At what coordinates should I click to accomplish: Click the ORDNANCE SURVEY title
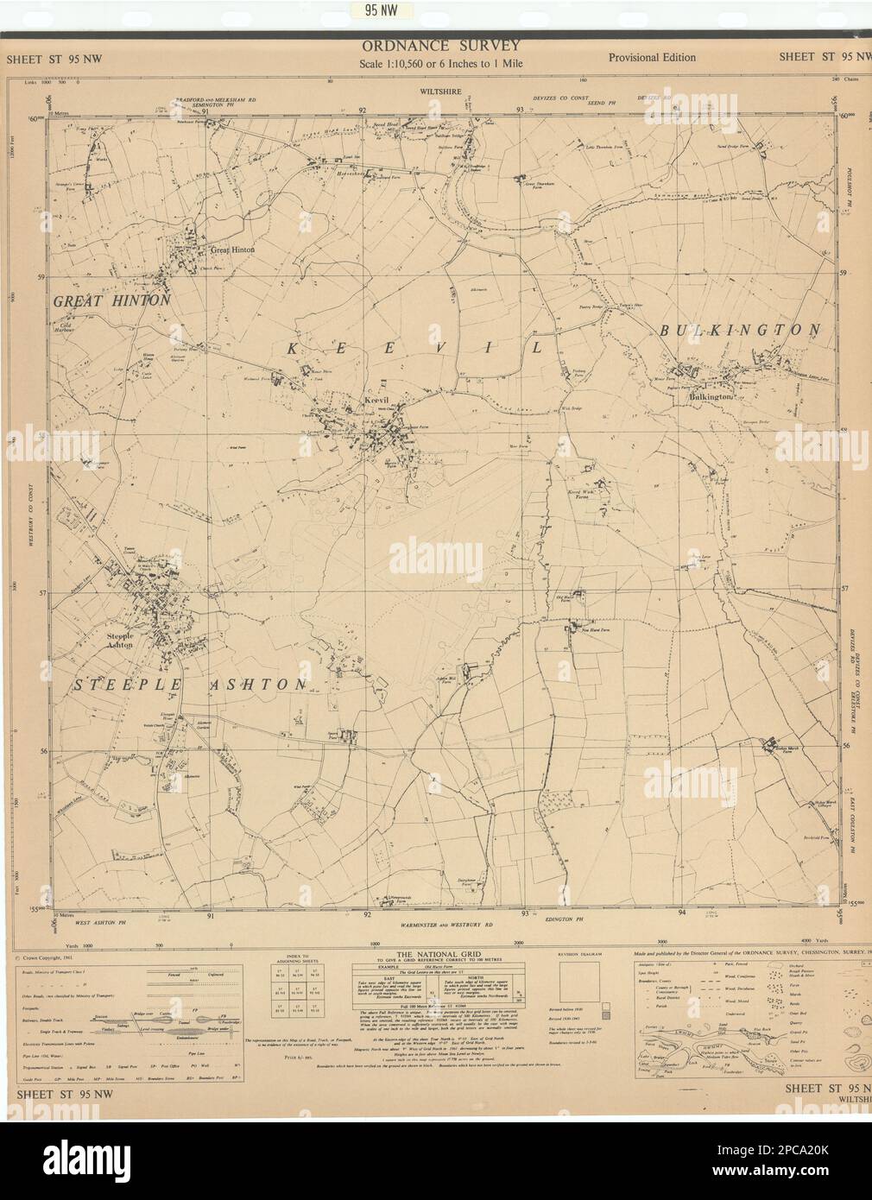[440, 46]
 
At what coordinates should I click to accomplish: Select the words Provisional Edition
[651, 58]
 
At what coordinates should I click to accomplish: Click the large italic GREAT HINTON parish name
[111, 300]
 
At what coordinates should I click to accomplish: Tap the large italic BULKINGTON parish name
[739, 330]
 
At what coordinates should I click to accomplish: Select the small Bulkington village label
[711, 396]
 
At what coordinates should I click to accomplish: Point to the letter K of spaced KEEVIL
[290, 348]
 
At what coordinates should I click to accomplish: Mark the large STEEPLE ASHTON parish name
[188, 684]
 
